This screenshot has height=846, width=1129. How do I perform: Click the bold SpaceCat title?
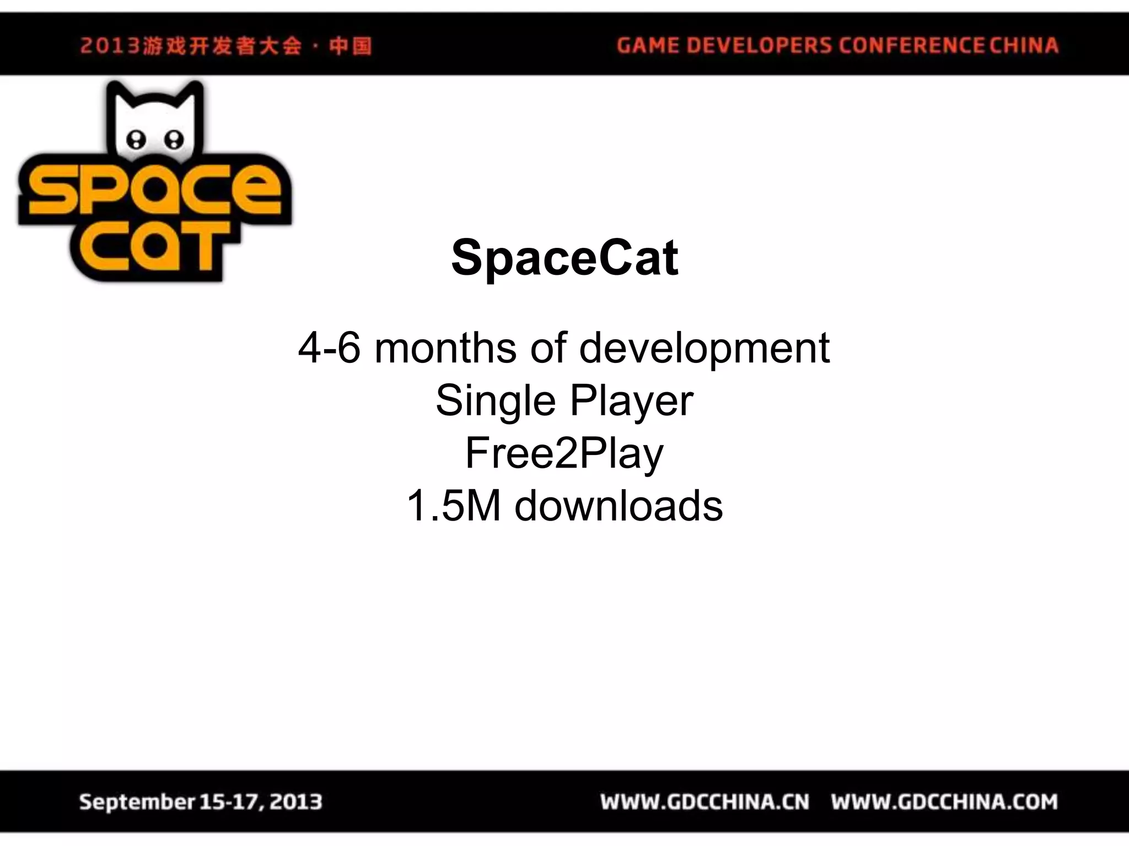pos(564,258)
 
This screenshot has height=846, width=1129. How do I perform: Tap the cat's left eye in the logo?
pos(136,139)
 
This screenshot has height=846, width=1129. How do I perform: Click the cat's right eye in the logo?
pos(174,139)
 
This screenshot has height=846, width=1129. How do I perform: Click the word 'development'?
pos(704,349)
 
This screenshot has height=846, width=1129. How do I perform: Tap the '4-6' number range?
pos(329,348)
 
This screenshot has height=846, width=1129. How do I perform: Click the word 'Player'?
pos(631,402)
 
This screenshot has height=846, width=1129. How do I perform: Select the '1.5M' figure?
pos(453,506)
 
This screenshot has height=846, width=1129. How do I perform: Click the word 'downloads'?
pos(618,506)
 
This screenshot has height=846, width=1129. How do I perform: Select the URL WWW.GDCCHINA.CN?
pos(705,802)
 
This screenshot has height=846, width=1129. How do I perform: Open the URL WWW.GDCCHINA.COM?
pos(944,802)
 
